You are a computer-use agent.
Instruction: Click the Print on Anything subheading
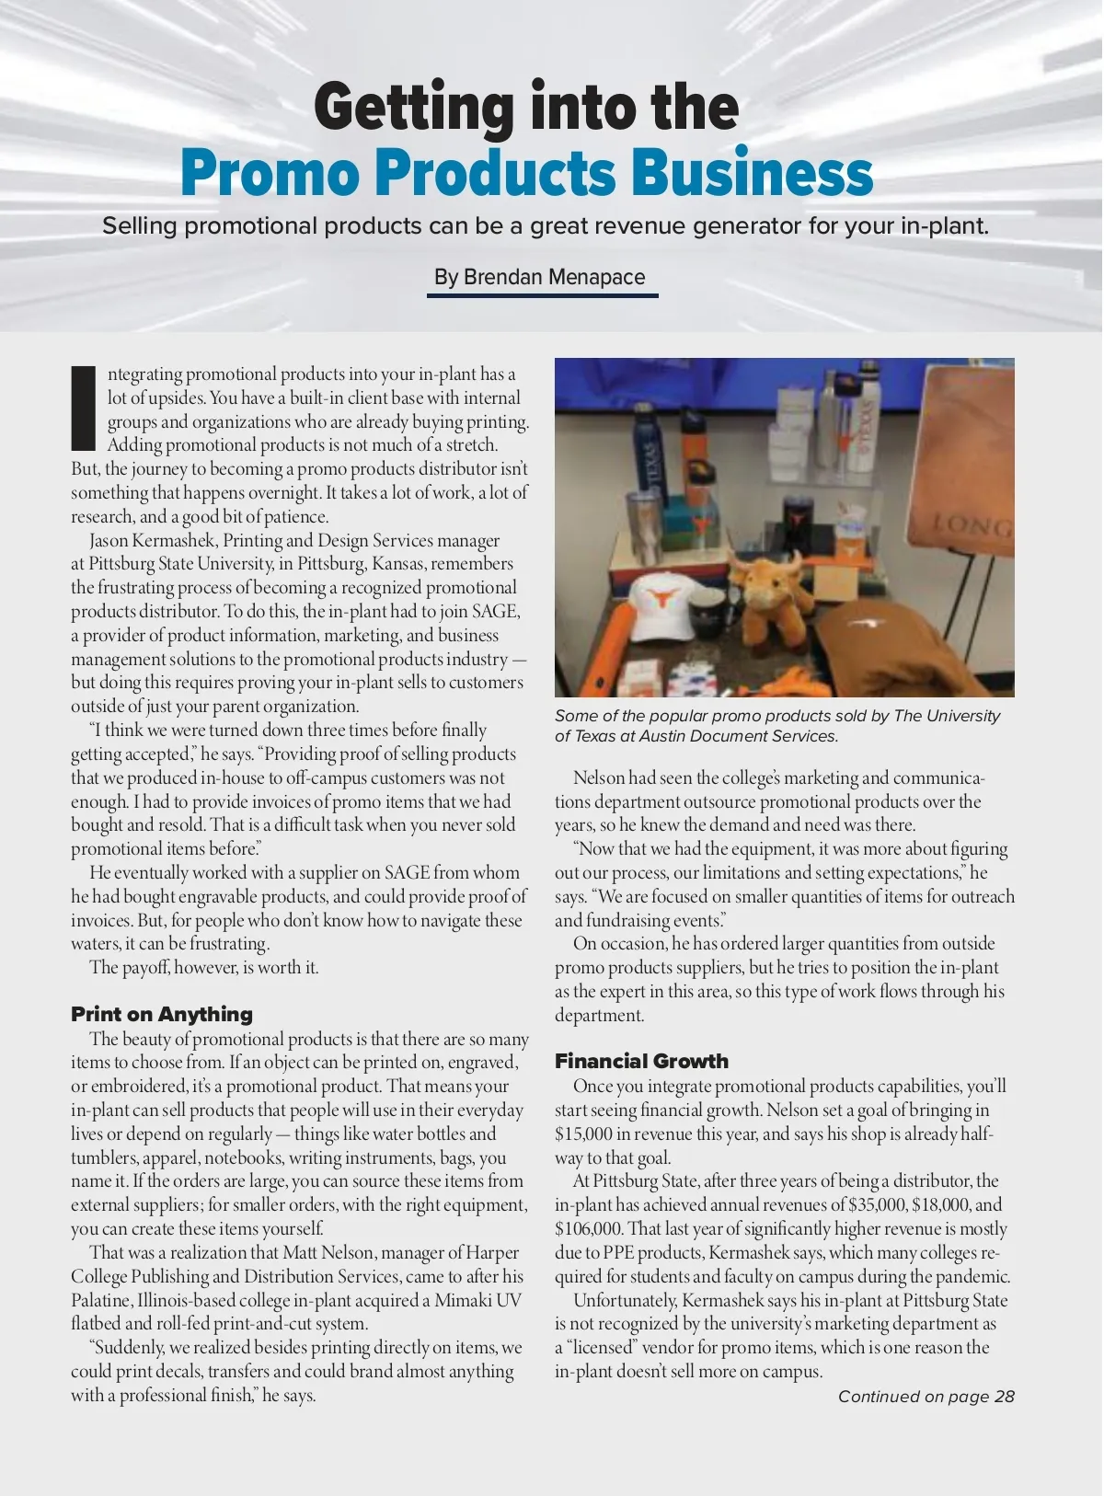pos(162,1014)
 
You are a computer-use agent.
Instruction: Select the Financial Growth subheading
pos(641,1061)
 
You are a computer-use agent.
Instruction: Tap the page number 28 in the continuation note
pos(1004,1397)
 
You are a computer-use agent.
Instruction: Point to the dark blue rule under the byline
pos(543,296)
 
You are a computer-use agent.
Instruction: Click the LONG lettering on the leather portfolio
pos(972,526)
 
